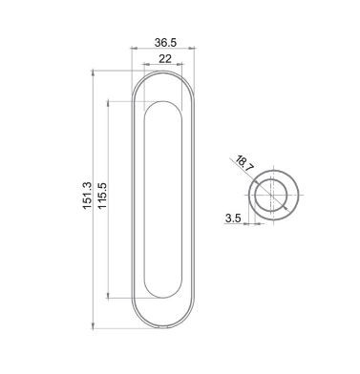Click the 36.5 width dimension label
(165, 42)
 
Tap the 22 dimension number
(165, 58)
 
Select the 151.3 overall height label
(87, 196)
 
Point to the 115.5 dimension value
(102, 196)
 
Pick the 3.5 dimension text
(233, 218)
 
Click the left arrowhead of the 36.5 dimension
(134, 49)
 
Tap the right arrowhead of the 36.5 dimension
(192, 49)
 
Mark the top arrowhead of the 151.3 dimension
(93, 73)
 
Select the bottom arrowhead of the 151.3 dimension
(93, 325)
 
